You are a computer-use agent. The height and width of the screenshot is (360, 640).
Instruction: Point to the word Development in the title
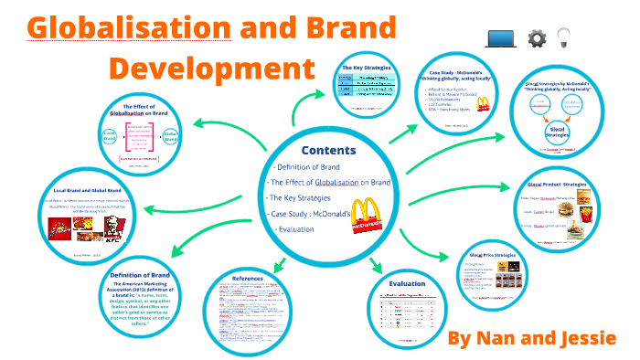pos(206,69)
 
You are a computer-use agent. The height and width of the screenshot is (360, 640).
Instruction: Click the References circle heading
pos(248,279)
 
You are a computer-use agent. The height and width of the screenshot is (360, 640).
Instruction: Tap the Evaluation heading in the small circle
pos(409,284)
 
